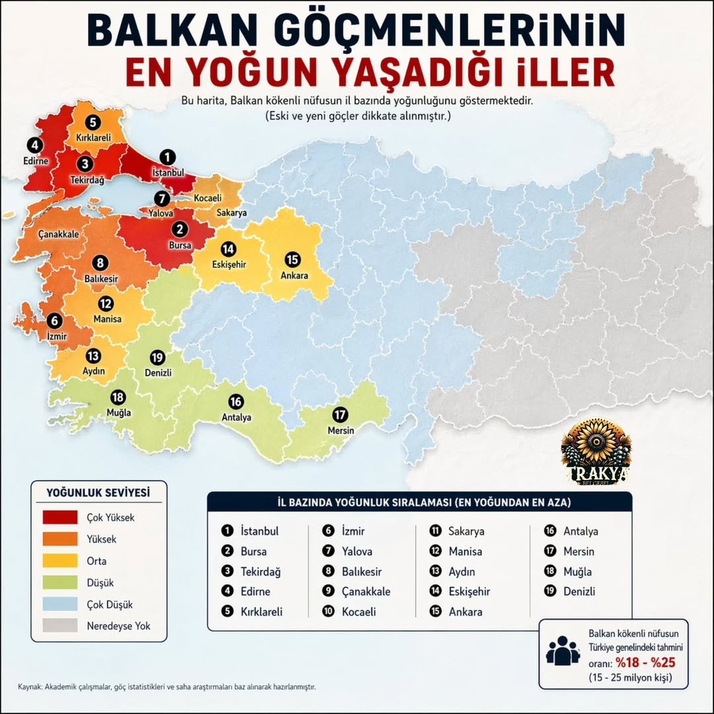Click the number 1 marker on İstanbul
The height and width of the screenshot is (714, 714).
168,157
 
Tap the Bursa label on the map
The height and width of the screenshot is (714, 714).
179,245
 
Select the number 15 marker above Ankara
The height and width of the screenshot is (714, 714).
292,260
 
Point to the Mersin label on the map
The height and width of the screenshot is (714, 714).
341,430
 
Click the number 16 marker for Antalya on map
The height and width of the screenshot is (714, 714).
236,401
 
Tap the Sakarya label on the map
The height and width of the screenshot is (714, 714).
231,213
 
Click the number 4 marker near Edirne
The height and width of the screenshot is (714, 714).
33,145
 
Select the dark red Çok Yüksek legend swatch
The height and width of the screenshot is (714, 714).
60,517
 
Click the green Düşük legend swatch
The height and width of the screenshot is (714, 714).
60,582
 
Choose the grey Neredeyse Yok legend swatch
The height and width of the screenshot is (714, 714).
60,625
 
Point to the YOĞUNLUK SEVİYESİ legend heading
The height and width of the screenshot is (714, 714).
99,493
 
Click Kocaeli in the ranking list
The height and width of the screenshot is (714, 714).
359,612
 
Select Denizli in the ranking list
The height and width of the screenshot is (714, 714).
579,591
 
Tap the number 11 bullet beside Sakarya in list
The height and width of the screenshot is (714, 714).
435,531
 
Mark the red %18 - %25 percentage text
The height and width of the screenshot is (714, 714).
645,662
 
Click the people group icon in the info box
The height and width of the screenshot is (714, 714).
563,651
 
